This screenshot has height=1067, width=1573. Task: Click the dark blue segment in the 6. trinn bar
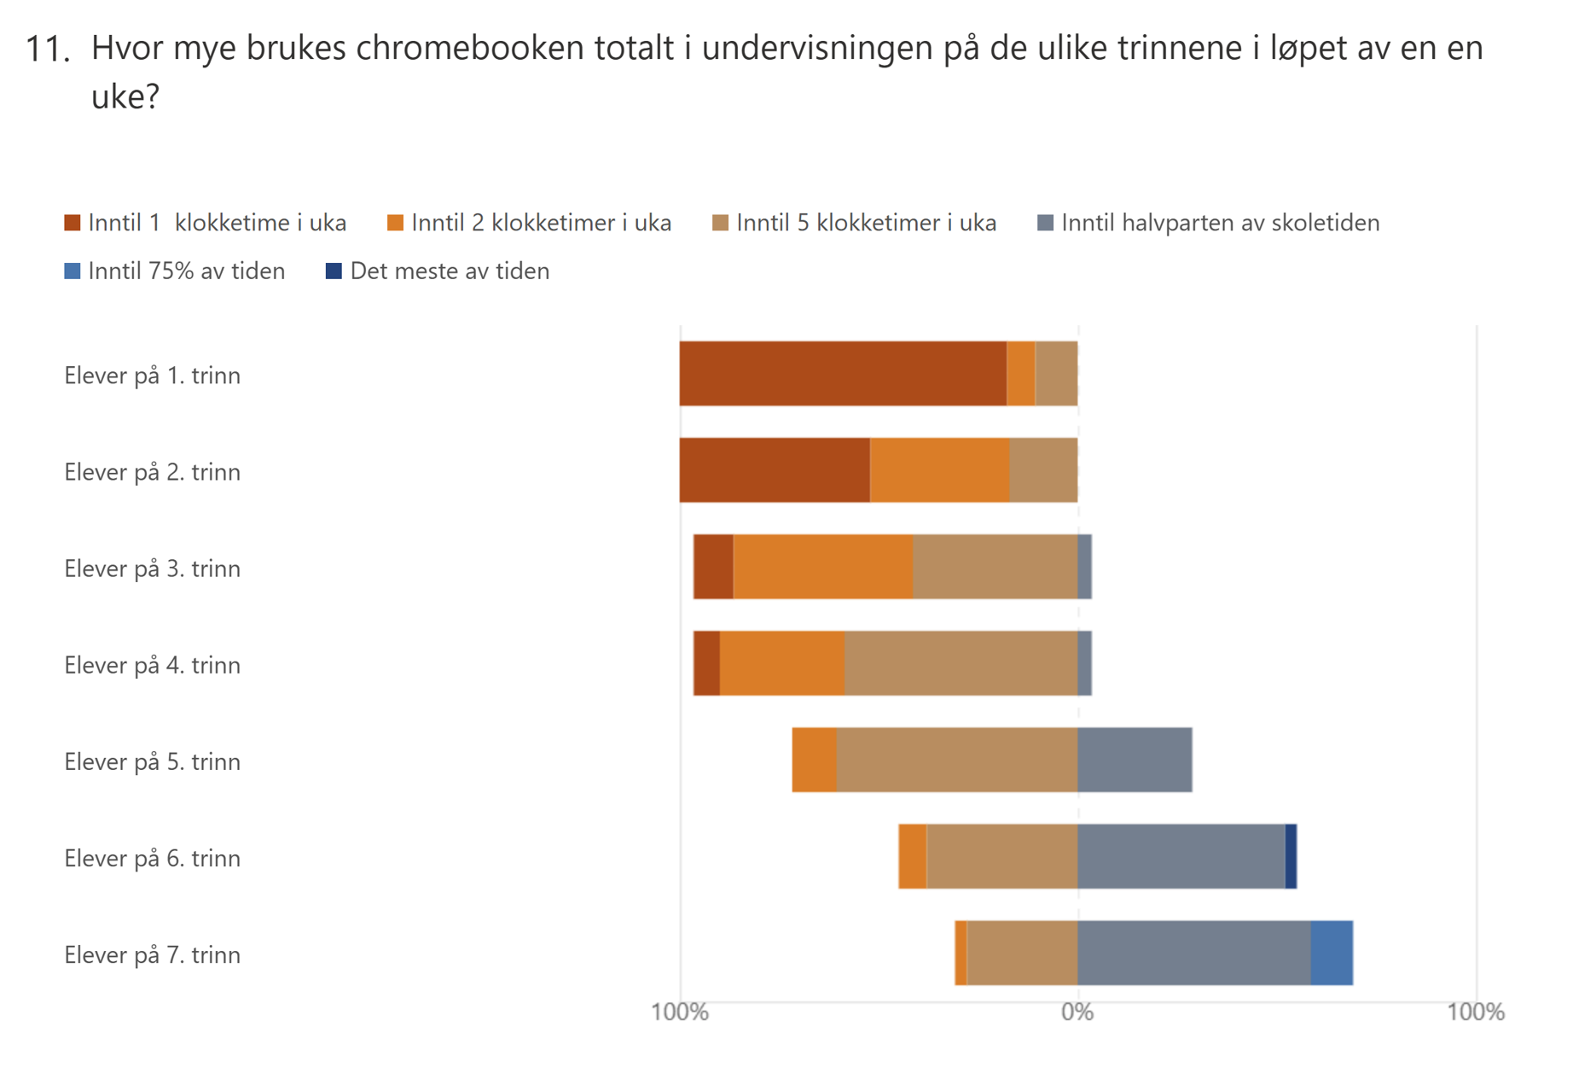(1291, 856)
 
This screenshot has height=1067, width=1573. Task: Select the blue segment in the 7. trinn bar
(1332, 953)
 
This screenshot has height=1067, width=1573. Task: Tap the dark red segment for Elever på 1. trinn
(843, 374)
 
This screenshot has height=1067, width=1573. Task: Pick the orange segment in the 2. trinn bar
(939, 470)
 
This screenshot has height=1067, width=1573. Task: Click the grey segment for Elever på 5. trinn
(1135, 760)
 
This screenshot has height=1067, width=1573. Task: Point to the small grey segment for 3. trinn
(1085, 567)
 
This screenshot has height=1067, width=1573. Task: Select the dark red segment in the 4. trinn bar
(707, 663)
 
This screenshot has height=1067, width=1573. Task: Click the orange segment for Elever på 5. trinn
(814, 760)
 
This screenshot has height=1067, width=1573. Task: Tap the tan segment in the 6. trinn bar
(1001, 856)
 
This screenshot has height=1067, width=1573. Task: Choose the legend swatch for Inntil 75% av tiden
(73, 271)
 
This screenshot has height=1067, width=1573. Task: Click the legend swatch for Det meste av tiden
(334, 271)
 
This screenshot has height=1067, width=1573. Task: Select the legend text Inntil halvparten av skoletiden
(1220, 223)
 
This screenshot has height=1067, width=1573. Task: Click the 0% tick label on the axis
(1077, 1012)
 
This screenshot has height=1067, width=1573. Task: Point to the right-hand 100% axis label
(1475, 1012)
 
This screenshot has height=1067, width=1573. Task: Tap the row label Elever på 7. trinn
(153, 954)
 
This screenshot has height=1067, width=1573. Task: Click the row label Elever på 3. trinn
(153, 568)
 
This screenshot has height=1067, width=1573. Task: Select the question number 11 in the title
(46, 50)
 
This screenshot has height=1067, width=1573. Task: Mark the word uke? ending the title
(125, 96)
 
